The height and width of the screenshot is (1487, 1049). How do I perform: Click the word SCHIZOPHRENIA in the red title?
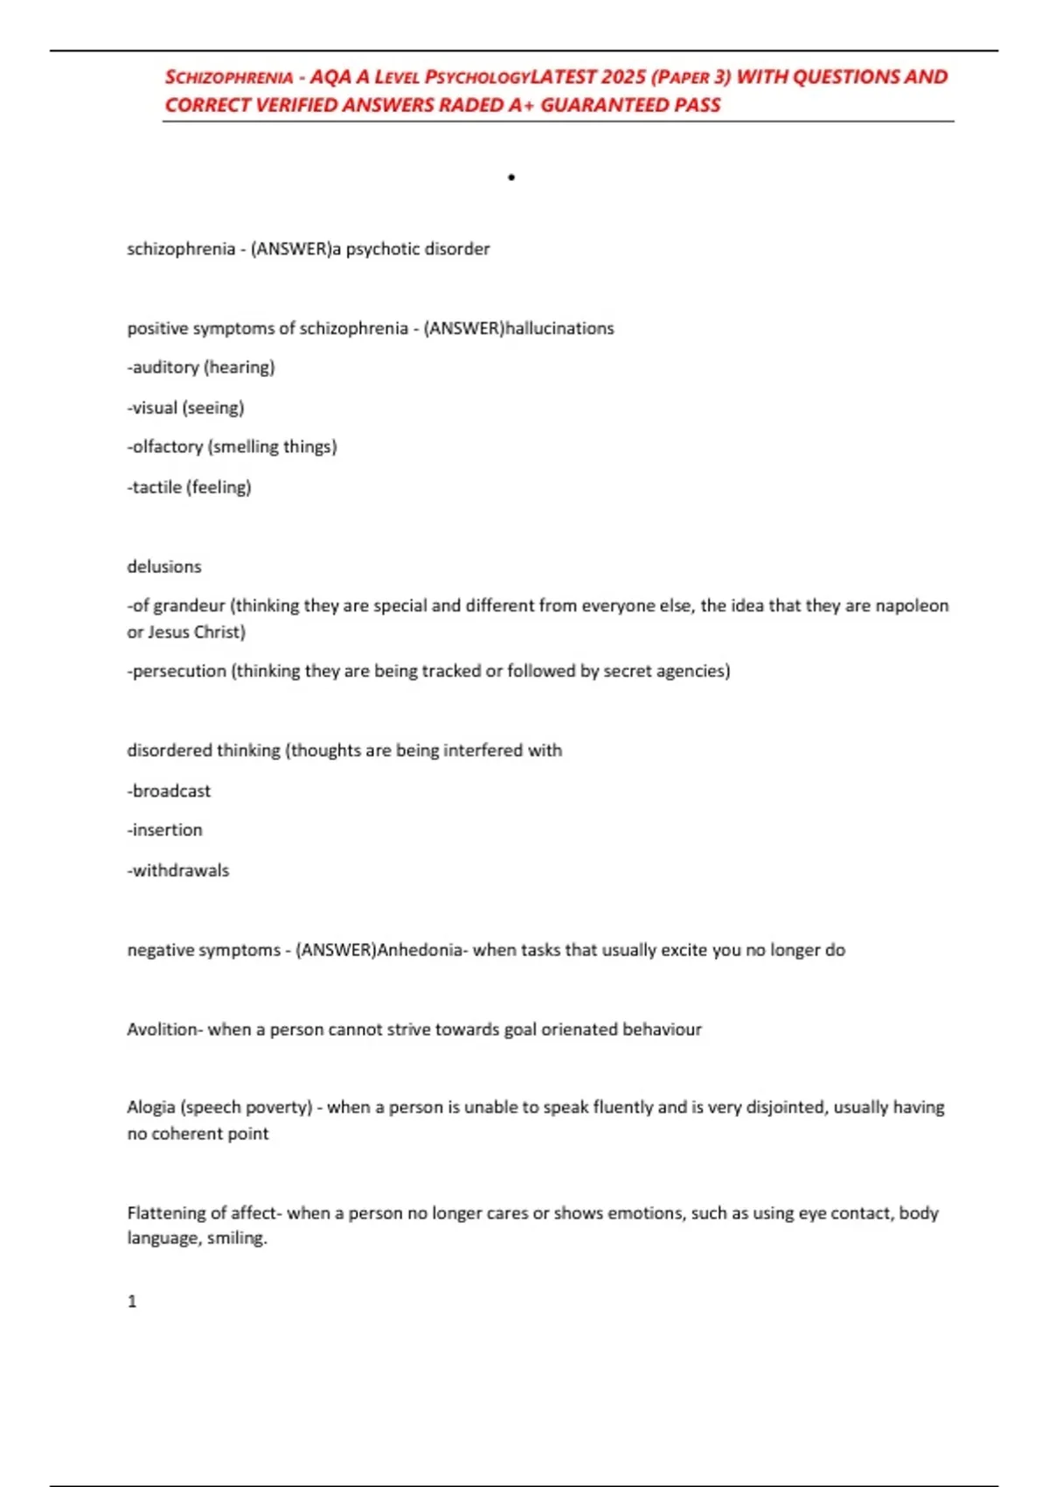point(229,77)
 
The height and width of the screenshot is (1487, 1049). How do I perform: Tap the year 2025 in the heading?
point(623,77)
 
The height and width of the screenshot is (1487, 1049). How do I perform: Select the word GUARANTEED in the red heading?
point(604,105)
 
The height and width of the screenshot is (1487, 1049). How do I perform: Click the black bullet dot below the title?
point(511,178)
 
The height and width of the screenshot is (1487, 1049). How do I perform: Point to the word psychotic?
point(383,249)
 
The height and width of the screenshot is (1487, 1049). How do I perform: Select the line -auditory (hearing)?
point(201,367)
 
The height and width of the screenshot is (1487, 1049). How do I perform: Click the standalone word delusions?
point(164,567)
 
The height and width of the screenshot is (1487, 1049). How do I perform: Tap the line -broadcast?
point(170,791)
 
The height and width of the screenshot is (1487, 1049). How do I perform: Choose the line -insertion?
point(165,830)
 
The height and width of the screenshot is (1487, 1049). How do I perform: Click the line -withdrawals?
point(178,870)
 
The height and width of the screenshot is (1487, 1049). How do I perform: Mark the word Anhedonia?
point(420,950)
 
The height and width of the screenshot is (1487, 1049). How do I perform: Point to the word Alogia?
point(150,1107)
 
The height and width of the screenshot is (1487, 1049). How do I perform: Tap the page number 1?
point(132,1302)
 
